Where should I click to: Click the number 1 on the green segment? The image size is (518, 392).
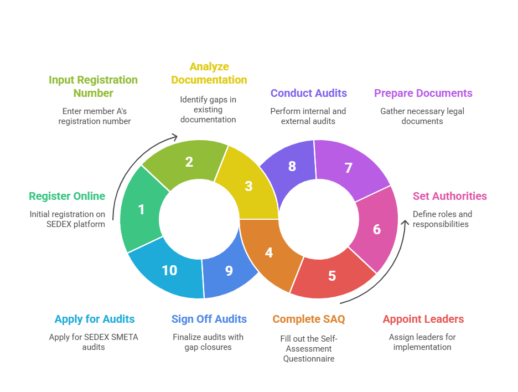coord(141,209)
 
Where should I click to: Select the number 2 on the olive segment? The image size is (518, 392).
coord(189,162)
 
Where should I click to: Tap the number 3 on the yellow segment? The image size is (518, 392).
coord(248,186)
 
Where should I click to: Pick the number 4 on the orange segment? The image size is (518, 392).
coord(269,252)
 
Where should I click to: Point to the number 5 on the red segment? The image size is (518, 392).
coord(331,275)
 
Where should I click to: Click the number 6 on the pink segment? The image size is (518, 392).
coord(377,229)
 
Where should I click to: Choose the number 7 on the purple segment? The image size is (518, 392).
coord(348,168)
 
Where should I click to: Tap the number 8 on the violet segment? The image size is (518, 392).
coord(292,166)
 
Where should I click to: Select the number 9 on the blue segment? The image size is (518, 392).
coord(229,270)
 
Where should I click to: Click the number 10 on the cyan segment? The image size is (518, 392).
coord(169,270)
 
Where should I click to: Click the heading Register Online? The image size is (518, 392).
coord(67,196)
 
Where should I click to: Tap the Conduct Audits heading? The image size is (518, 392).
coord(308,93)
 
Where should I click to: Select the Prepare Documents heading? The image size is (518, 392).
coord(423,93)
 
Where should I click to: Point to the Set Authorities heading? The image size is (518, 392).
coord(449,196)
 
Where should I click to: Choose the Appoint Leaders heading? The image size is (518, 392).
coord(423,319)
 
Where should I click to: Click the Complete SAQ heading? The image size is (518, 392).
coord(308,319)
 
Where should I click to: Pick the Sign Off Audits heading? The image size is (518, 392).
coord(209,319)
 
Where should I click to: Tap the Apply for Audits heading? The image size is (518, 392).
coord(94,319)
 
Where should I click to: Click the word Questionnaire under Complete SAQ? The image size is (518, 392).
coord(308,358)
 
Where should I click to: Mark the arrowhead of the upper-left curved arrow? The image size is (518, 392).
coord(174,136)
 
